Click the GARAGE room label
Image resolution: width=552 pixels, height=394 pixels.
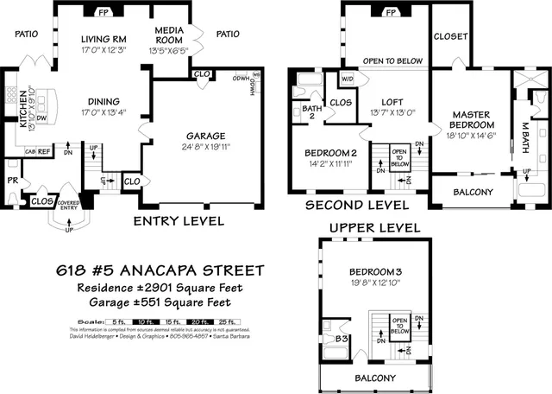point(205,136)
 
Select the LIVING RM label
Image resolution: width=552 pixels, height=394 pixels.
point(103,40)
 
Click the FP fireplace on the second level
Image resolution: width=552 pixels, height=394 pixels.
point(390,13)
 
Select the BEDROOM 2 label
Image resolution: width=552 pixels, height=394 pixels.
point(331,153)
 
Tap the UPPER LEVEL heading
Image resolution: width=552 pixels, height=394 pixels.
point(374,227)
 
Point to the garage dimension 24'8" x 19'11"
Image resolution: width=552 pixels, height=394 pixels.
point(205,147)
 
